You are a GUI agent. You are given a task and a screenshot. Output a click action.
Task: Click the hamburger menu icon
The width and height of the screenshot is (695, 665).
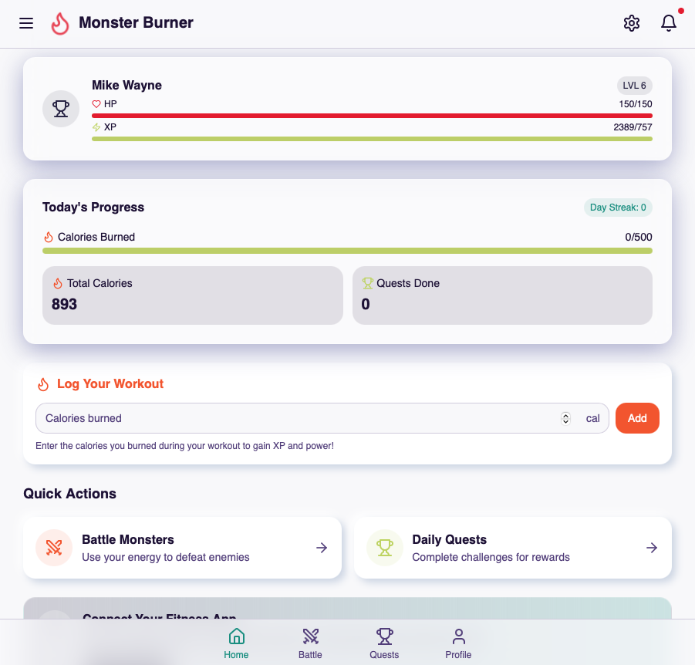(26, 23)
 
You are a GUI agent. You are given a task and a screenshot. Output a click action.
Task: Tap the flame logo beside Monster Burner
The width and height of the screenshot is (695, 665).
(60, 24)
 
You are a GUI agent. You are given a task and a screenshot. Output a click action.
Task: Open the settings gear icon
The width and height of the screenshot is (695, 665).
(632, 23)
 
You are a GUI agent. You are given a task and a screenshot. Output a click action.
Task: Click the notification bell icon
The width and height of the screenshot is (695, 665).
(669, 23)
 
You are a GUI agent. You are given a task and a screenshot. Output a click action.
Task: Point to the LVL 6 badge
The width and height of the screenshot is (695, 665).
(634, 86)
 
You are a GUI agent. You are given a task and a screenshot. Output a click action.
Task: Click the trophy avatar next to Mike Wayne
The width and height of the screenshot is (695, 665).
(61, 109)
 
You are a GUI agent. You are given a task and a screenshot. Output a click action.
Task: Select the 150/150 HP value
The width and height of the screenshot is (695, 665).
(635, 104)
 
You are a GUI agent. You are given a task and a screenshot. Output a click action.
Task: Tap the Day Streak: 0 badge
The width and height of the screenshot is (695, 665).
(618, 208)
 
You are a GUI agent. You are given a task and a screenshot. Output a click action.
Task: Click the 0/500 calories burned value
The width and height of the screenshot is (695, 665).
(638, 238)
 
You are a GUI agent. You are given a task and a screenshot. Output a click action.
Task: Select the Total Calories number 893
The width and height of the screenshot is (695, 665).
(64, 305)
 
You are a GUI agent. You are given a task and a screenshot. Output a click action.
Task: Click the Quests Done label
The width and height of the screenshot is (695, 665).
(407, 283)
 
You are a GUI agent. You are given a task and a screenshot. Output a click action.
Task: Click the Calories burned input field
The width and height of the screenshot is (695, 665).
(293, 418)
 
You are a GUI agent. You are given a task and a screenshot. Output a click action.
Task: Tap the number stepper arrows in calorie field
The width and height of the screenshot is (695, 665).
(565, 418)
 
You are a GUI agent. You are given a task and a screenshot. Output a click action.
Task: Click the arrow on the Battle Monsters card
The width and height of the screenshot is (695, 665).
(322, 548)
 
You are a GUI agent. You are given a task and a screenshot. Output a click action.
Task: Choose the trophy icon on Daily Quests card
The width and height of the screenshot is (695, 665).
(384, 548)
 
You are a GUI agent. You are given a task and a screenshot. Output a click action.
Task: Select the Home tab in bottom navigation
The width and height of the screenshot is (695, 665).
(237, 643)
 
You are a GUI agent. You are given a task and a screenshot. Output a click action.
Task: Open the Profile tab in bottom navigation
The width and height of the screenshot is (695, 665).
(458, 643)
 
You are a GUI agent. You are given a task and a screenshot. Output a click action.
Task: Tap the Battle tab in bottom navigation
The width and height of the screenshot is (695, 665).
(310, 643)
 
